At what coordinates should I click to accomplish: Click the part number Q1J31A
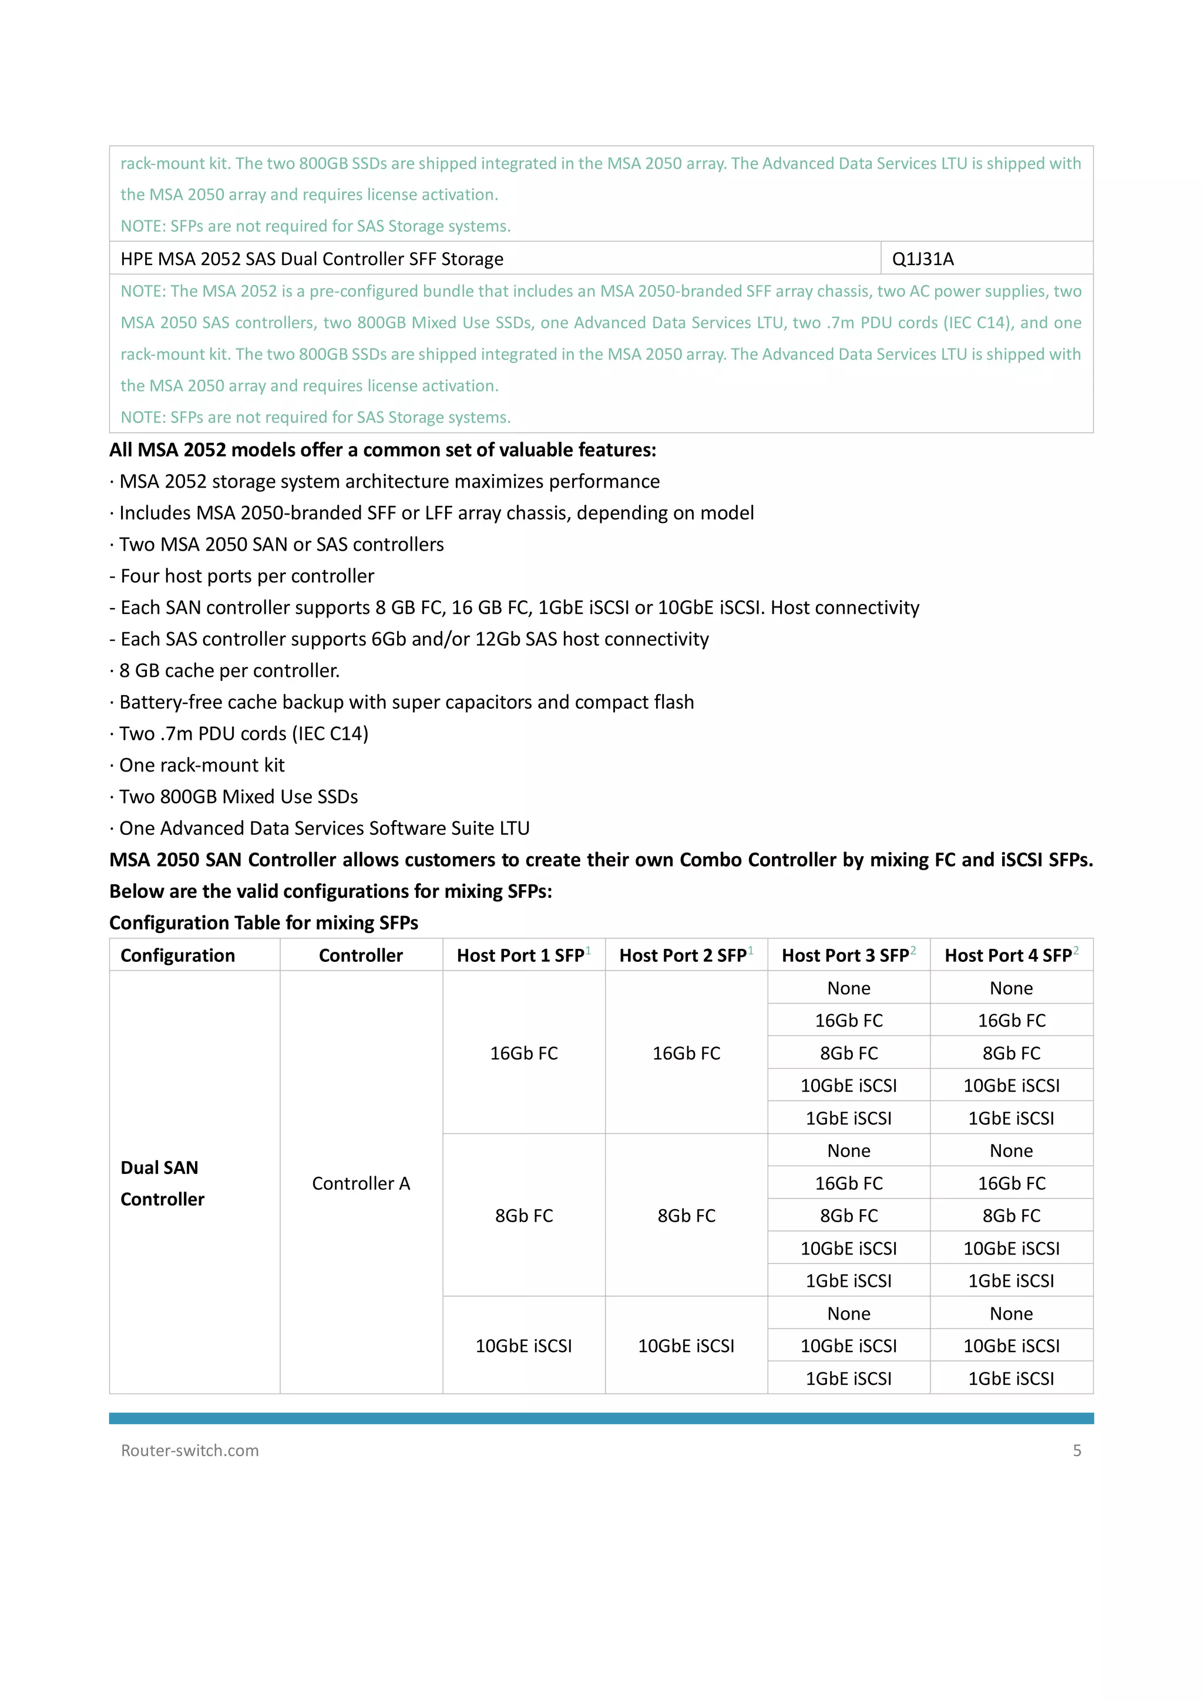tap(922, 259)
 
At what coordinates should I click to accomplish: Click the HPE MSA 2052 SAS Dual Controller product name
tap(312, 259)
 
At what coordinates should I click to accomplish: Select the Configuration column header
tap(178, 955)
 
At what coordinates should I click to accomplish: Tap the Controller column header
tap(361, 955)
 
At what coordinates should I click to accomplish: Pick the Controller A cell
tap(361, 1183)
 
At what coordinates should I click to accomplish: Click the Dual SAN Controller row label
tap(162, 1183)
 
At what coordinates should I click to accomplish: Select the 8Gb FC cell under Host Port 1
tap(524, 1216)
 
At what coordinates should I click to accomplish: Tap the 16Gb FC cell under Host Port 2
tap(686, 1053)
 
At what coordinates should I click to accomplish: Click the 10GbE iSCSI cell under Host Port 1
tap(524, 1346)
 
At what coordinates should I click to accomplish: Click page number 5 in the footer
tap(1076, 1451)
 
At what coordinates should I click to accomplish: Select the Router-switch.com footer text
tap(190, 1451)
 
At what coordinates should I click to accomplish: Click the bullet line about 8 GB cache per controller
tap(229, 670)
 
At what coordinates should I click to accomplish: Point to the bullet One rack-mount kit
tap(201, 764)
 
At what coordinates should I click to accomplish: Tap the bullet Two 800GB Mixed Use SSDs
tap(238, 796)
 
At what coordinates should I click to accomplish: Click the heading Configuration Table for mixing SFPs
tap(264, 922)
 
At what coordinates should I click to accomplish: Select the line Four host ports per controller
tap(247, 576)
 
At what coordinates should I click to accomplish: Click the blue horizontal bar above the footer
tap(601, 1418)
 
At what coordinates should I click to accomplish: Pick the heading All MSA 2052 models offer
tap(382, 449)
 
